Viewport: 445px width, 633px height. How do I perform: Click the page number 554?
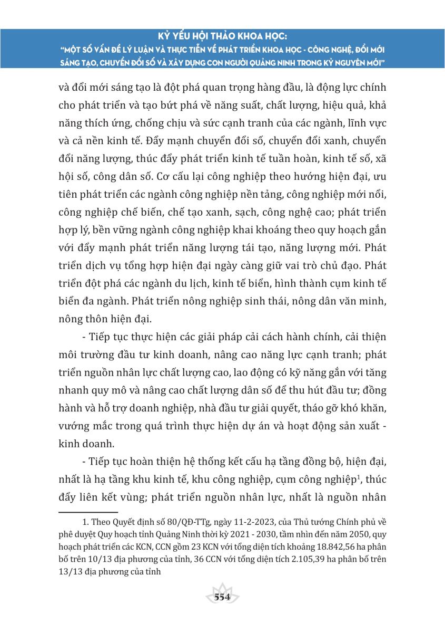pos(222,597)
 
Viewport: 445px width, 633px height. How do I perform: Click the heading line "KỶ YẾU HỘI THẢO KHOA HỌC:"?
pos(222,37)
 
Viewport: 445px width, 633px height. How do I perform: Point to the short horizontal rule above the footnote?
pos(87,512)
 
